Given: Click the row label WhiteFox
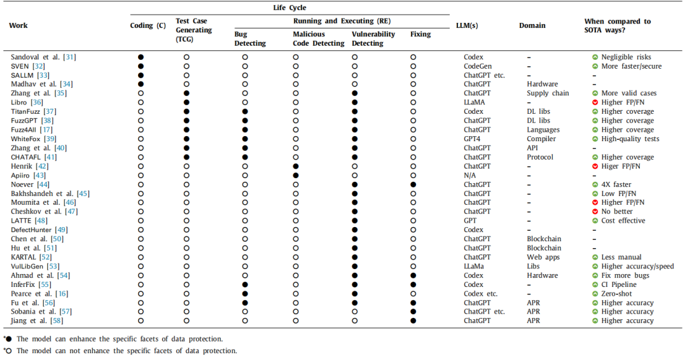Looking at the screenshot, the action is [25, 139].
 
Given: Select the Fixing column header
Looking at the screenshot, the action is [420, 34].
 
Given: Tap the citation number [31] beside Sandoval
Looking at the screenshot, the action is [69, 57].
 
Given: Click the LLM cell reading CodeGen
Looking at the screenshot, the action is [479, 66].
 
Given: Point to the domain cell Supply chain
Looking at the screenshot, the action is [548, 93].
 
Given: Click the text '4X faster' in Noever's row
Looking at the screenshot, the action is [616, 184].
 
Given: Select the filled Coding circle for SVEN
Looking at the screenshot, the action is [141, 66].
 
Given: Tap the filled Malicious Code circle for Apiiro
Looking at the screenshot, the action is [296, 175].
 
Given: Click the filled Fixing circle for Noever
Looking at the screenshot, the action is [413, 184].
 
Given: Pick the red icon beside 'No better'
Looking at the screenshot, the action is [595, 212].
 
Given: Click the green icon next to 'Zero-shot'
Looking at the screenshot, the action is [595, 293].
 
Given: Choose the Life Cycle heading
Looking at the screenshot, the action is [289, 8].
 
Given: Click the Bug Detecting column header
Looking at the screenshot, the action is [250, 39].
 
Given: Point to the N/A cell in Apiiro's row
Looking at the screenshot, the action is [469, 175].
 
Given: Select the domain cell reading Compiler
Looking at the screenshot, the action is [541, 139].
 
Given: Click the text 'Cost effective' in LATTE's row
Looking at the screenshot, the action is [623, 221].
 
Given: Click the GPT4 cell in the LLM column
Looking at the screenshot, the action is [472, 139].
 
